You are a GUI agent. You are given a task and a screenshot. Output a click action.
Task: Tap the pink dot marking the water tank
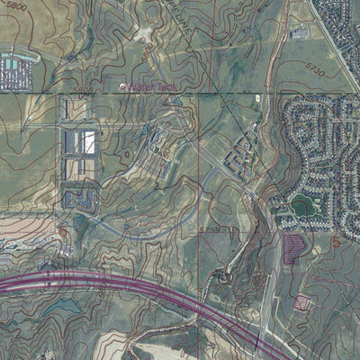123,86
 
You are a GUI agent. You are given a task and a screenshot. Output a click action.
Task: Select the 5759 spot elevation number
209,231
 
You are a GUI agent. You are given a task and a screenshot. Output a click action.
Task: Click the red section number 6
63,232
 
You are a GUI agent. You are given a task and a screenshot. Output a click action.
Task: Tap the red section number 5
337,241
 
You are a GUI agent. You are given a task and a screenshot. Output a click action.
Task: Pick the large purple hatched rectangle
293,247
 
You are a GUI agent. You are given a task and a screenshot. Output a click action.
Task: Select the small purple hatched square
301,302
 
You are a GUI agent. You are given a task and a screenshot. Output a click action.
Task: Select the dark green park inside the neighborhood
303,205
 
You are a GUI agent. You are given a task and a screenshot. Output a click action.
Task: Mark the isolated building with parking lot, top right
300,33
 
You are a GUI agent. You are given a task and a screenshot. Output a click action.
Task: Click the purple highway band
135,288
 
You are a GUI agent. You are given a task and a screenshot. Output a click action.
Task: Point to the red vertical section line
198,162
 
